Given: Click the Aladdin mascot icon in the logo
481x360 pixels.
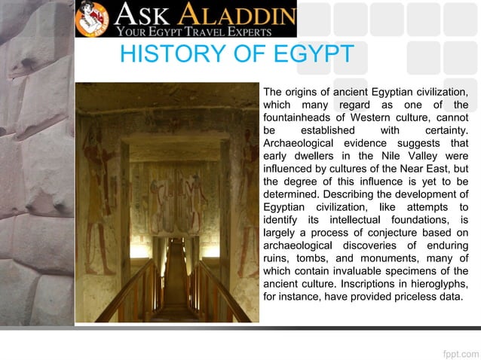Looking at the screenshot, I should pyautogui.click(x=93, y=19).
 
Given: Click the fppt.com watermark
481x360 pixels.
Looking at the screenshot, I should pyautogui.click(x=459, y=352).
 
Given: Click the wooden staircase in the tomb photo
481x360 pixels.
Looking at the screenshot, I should pyautogui.click(x=176, y=286).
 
